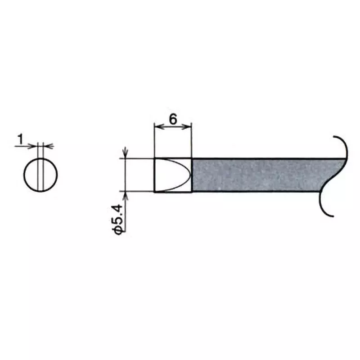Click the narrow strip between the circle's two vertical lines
(x=41, y=175)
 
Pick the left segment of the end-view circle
(x=31, y=175)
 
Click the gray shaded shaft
(x=261, y=175)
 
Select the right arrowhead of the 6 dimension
(x=189, y=127)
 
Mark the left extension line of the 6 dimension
(x=154, y=139)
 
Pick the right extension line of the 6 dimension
(x=192, y=139)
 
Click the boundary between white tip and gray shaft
(x=192, y=175)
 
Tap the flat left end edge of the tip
(x=154, y=175)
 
